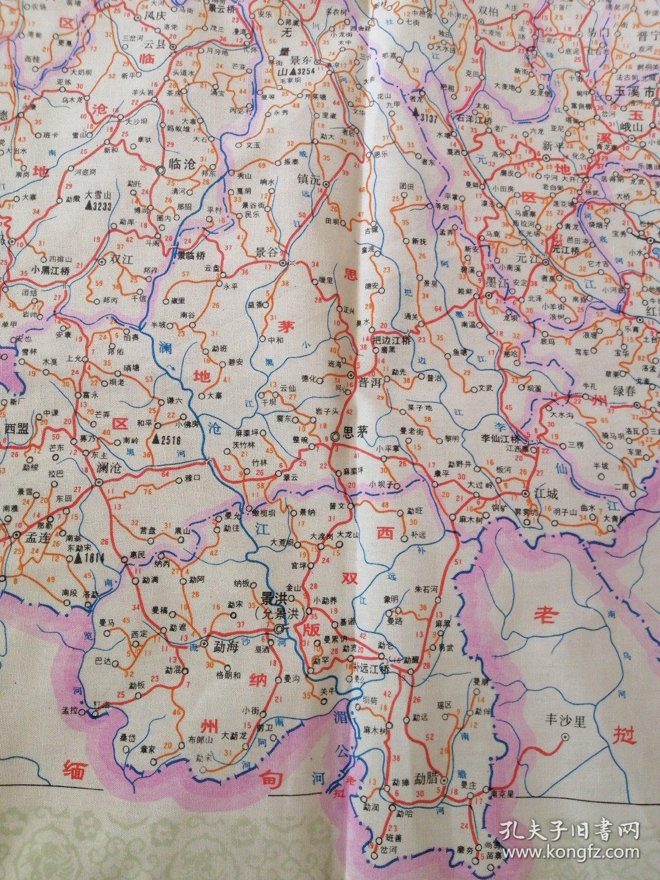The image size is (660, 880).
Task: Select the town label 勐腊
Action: [x=427, y=779]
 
